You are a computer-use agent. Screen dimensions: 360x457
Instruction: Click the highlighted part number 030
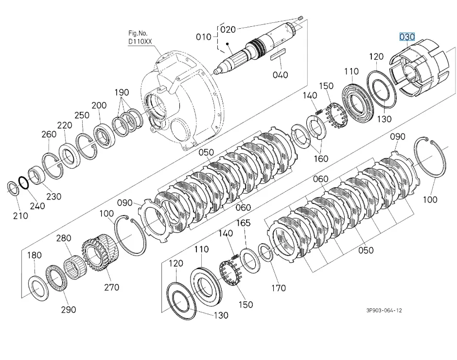pos(407,37)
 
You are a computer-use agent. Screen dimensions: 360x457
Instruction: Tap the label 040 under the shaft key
pos(280,75)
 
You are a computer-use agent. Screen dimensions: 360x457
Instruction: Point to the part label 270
pos(111,287)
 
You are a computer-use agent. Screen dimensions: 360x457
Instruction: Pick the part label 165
pos(243,223)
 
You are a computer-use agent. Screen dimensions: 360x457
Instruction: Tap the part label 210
pos(20,216)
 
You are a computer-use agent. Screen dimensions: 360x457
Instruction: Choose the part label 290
pos(69,310)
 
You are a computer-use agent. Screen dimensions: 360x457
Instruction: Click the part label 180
pos(34,255)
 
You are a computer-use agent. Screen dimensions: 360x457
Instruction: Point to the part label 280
pos(63,238)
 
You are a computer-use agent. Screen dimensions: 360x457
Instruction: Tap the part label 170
pos(278,288)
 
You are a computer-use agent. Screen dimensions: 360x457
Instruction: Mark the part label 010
pos(204,36)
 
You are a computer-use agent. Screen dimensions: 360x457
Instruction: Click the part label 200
pos(99,106)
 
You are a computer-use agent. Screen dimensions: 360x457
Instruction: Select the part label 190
pos(122,92)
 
